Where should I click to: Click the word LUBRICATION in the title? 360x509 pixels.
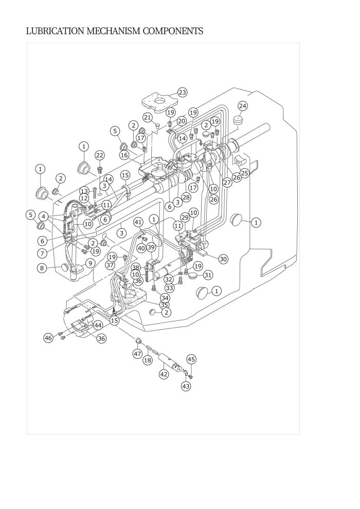tap(56, 31)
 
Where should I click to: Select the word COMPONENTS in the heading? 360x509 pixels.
tap(173, 31)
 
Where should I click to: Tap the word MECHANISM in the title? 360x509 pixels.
tap(114, 31)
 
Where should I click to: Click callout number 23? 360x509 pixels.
tap(183, 93)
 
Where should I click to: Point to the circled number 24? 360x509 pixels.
tap(243, 106)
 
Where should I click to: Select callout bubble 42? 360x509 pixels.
tap(164, 374)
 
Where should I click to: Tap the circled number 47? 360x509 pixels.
tap(138, 354)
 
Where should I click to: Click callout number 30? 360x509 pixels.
tap(223, 259)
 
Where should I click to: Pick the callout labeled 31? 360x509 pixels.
tap(208, 275)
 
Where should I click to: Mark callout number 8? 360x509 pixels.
tap(42, 268)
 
